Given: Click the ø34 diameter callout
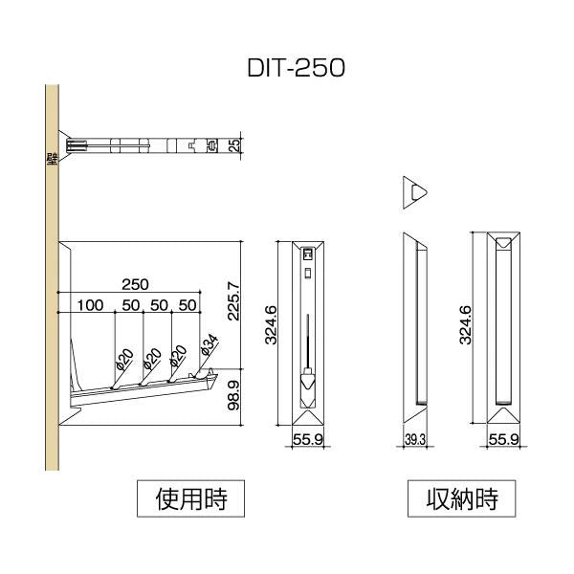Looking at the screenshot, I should tap(210, 345).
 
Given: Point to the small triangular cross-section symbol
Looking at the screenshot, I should tap(413, 191).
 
